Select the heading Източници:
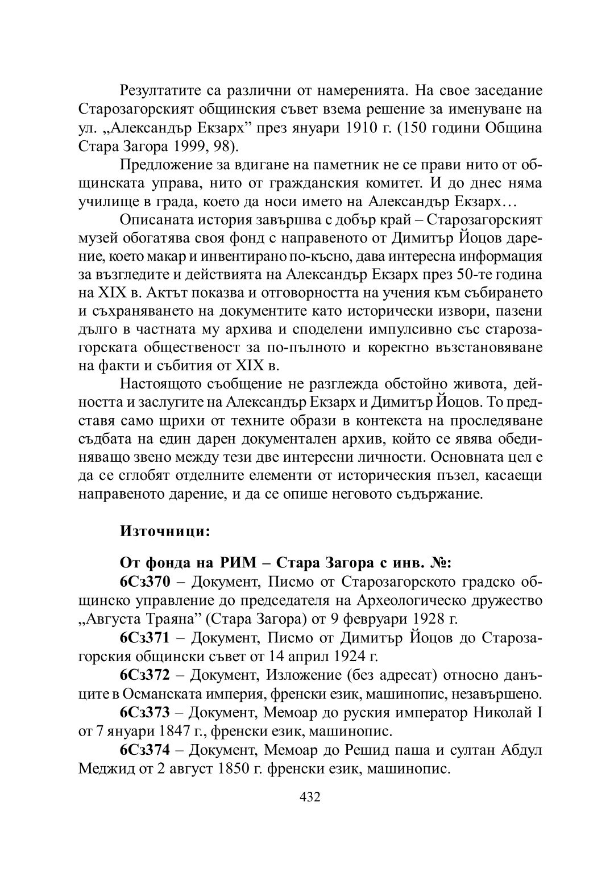[165, 532]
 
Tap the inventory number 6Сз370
[145, 582]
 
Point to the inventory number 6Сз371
[145, 638]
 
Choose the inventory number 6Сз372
[145, 675]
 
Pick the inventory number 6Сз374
[145, 750]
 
